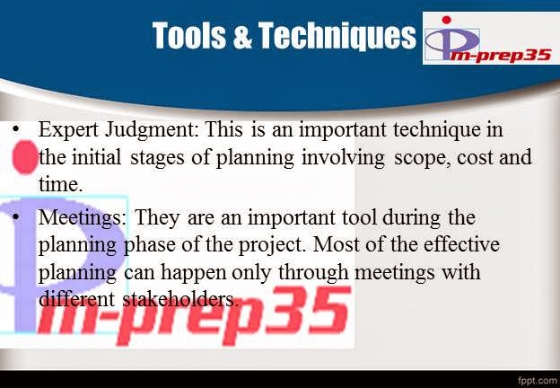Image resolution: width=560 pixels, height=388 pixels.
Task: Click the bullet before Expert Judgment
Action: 18,131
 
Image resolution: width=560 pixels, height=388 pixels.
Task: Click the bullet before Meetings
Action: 18,218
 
